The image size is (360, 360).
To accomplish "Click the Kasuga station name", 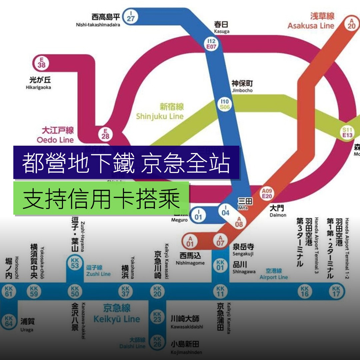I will tap(222, 27).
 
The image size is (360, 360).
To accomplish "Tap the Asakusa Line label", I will tap(311, 21).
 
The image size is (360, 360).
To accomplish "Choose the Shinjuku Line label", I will tap(160, 112).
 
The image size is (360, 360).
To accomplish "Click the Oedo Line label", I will tap(55, 135).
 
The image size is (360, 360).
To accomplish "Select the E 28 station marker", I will tap(106, 134).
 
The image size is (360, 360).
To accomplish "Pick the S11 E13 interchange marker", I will tap(348, 132).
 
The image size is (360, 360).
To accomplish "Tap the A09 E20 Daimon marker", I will tap(267, 193).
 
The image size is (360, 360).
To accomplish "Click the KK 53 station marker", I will tap(75, 263).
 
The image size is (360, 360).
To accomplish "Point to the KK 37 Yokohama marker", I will tap(125, 291).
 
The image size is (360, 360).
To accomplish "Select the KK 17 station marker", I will tap(336, 291).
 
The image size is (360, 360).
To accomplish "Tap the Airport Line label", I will tap(273, 274).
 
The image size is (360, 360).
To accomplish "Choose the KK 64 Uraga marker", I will tap(9, 321).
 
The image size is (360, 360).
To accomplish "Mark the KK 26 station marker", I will tap(157, 342).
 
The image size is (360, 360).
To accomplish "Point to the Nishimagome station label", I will tap(192, 259).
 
